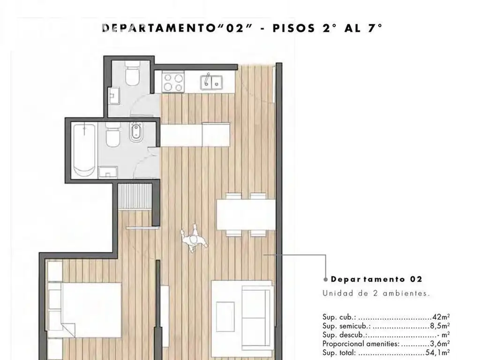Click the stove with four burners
pos(173,82)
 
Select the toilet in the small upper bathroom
pos(133,74)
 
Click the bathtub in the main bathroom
pos(84,150)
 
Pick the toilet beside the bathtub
pos(112,135)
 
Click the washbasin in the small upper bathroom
pos(114,96)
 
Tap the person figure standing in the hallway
pos(194,239)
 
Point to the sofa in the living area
pos(257,318)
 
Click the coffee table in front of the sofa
pos(225,316)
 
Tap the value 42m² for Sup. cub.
pos(441,317)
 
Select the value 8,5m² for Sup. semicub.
pos(440,326)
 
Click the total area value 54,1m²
pos(437,352)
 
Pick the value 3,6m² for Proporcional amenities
pos(440,344)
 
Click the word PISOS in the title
pos(293,28)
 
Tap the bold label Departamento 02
pos(376,279)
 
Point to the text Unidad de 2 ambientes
pos(376,293)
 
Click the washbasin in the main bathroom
pos(108,172)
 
